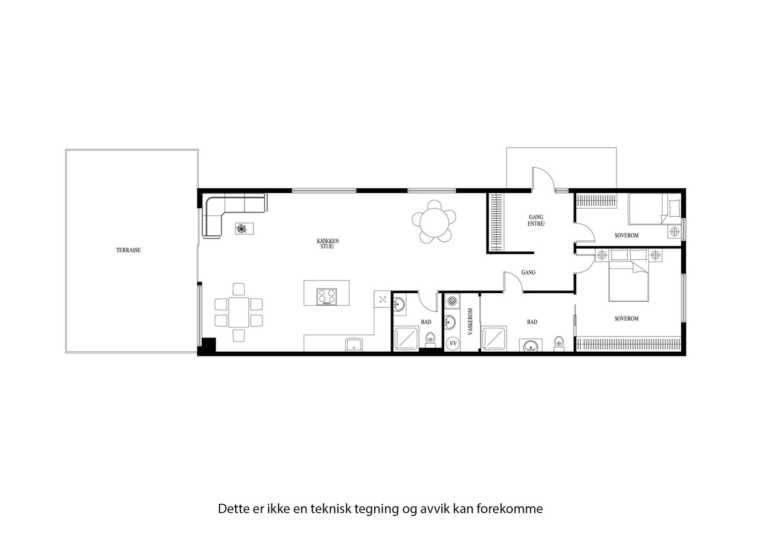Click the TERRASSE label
click(128, 250)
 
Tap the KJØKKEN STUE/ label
click(328, 243)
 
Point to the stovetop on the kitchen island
click(327, 297)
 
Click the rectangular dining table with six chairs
click(239, 312)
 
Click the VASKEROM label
click(470, 322)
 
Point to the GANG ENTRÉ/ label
click(536, 220)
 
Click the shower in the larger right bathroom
click(495, 339)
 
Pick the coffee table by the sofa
click(244, 229)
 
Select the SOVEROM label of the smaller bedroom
click(626, 235)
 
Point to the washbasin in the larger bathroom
click(531, 346)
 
